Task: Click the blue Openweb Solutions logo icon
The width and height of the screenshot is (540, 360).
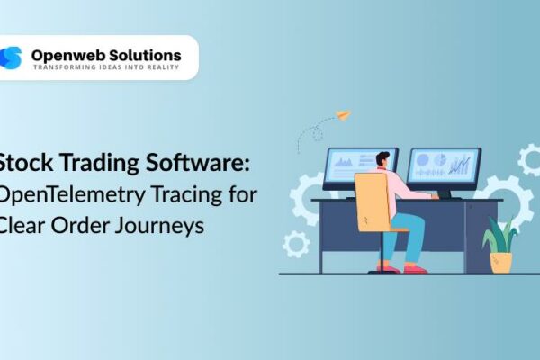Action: coord(12,58)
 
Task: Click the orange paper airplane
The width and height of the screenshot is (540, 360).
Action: coord(342,115)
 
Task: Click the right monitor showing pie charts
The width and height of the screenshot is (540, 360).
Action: coord(443,166)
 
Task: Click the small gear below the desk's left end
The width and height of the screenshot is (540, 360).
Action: coord(296,243)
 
